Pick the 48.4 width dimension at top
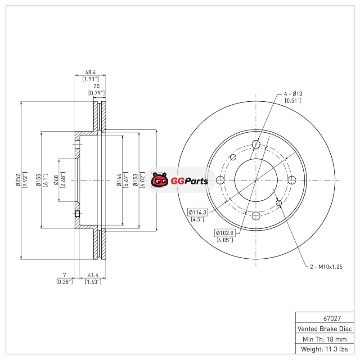(x=90, y=72)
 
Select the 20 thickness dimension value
(x=96, y=86)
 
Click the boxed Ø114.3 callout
(x=197, y=212)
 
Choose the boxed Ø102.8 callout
(x=224, y=233)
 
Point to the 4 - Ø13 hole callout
(x=292, y=94)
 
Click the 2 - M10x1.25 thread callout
(x=326, y=267)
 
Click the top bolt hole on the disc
(x=256, y=144)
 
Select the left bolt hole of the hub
(x=220, y=180)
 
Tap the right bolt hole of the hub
(x=292, y=180)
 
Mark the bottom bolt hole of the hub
(x=256, y=216)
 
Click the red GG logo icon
(x=159, y=180)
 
